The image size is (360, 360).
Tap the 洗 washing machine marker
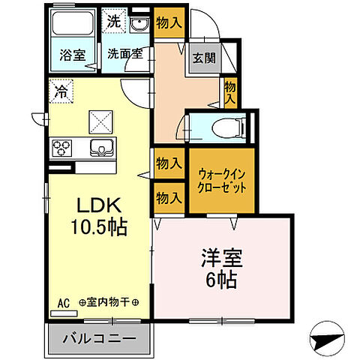click(x=112, y=20)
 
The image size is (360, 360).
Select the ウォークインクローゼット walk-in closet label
click(x=221, y=179)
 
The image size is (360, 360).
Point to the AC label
click(x=63, y=303)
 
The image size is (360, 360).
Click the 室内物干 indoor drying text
click(x=109, y=303)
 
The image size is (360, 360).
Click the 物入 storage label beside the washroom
click(x=168, y=22)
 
